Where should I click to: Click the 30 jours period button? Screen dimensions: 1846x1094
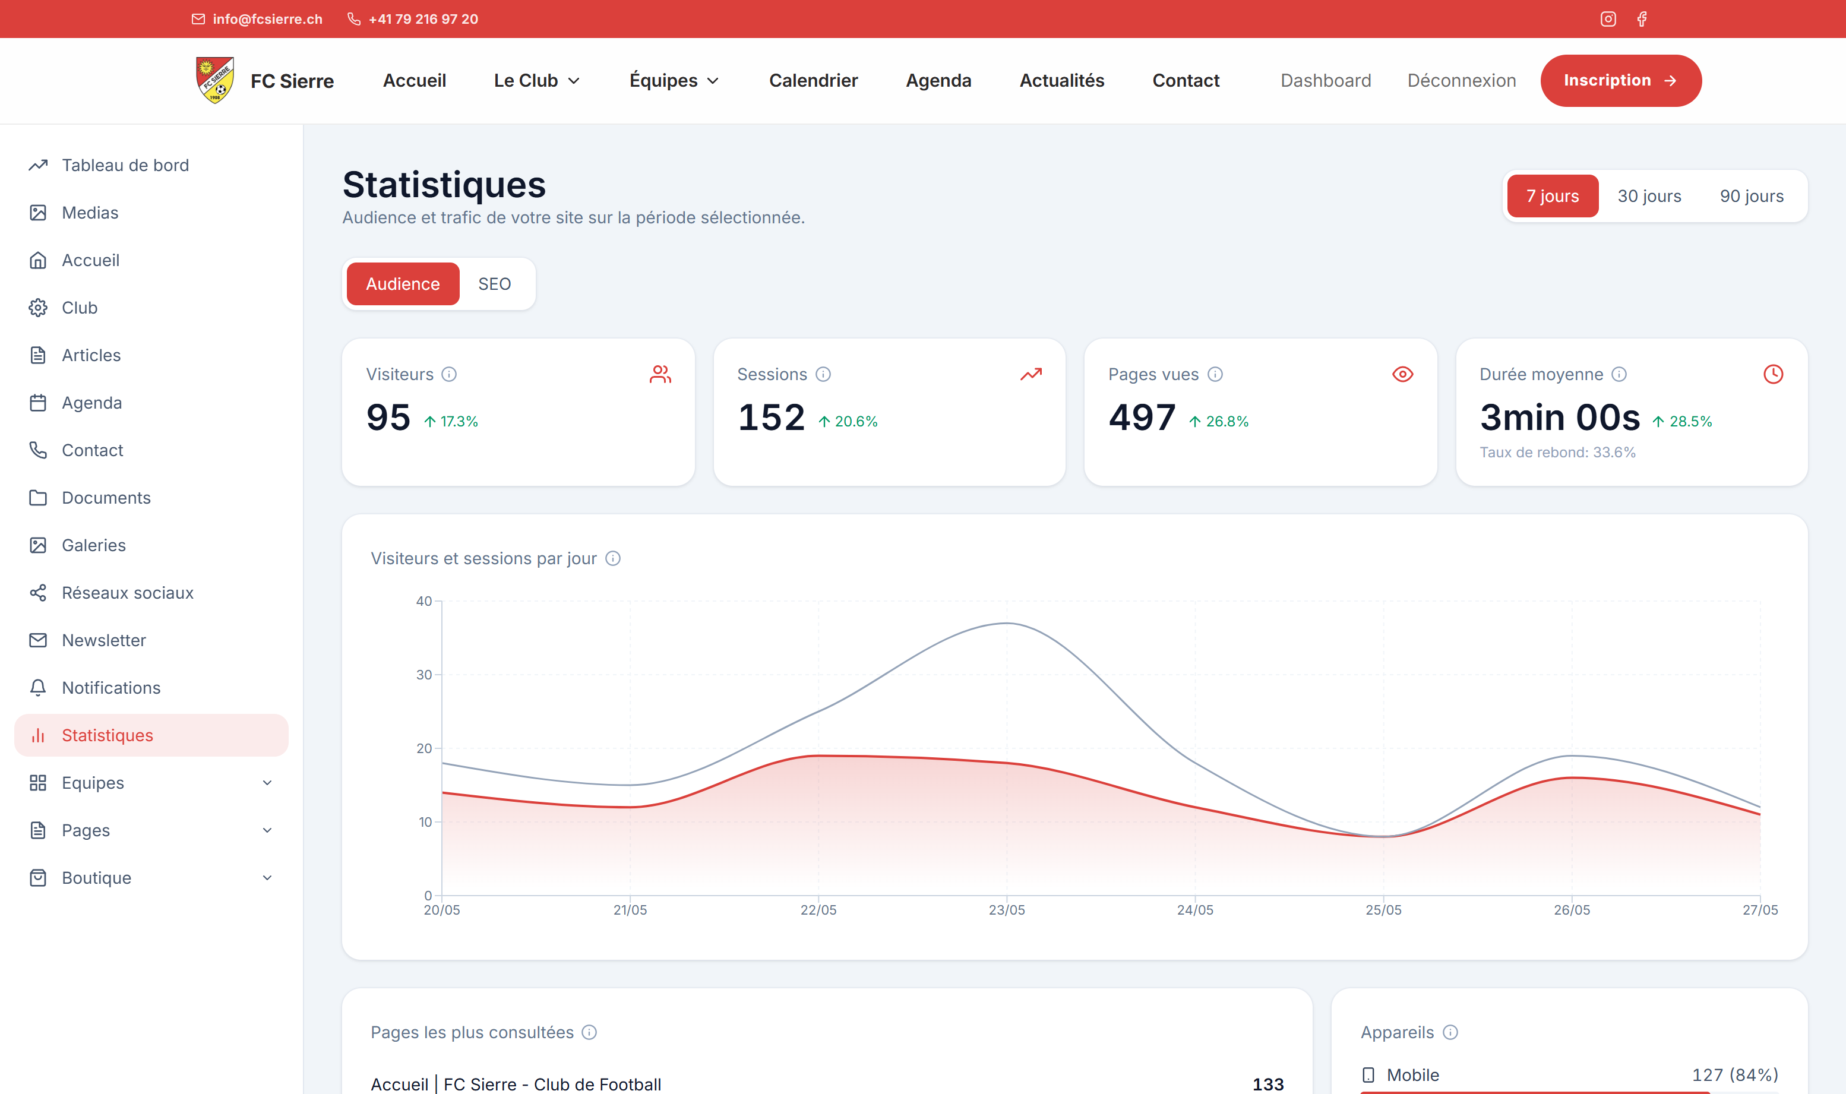tap(1649, 196)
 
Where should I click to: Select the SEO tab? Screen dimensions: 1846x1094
tap(494, 284)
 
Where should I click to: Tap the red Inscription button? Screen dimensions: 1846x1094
tap(1620, 80)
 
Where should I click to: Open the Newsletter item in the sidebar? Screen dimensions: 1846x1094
tap(103, 640)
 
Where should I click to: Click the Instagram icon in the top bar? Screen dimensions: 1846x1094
tap(1608, 19)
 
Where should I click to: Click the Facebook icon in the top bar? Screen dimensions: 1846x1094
tap(1642, 19)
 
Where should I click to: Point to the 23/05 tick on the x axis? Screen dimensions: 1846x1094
tap(1006, 910)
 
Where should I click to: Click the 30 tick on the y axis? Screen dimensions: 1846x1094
tap(424, 675)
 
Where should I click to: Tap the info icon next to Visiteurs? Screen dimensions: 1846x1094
tap(449, 375)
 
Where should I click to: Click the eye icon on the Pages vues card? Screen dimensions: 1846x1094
tap(1402, 375)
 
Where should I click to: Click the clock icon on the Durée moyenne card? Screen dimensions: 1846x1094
tap(1773, 375)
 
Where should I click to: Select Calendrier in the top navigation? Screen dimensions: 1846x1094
tap(813, 80)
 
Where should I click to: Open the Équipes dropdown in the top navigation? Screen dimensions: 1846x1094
tap(674, 80)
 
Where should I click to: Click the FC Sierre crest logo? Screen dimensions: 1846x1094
tap(215, 80)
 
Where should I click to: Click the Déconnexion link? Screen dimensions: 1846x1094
tap(1461, 80)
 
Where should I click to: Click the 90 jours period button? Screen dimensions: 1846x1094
tap(1752, 196)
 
